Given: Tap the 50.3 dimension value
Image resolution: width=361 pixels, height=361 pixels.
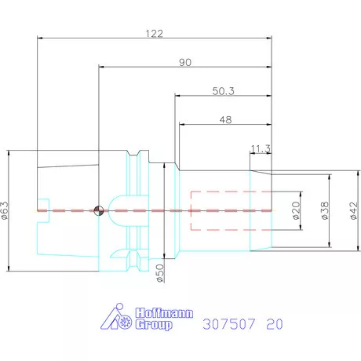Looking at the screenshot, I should coord(223,90).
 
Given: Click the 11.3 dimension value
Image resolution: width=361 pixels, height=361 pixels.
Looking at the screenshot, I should coord(261,148).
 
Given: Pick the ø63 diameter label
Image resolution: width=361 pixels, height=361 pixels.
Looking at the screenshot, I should coord(6,211).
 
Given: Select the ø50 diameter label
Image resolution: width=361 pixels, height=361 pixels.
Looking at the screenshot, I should coord(159,273).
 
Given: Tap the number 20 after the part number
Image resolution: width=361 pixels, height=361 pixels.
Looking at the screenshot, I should coord(275,323).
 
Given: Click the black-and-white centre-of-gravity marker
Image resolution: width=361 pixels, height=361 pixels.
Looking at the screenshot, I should coord(98,210).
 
